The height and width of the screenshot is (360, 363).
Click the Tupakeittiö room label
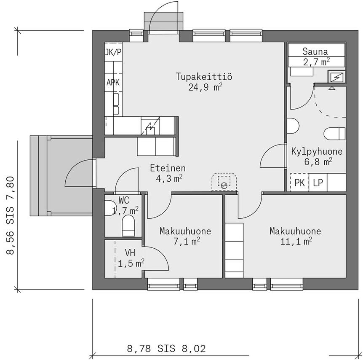(x=204, y=76)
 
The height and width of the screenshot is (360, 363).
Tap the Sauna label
(x=315, y=51)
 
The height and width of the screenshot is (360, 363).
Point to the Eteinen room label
(x=168, y=168)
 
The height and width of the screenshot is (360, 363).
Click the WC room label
(x=124, y=200)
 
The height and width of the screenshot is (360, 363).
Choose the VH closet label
(x=130, y=253)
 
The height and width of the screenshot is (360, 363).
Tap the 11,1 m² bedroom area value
(x=296, y=242)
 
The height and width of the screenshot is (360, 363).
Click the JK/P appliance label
(x=113, y=52)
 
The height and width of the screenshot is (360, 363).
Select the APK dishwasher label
(x=113, y=82)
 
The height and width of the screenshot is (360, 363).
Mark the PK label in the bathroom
(x=299, y=183)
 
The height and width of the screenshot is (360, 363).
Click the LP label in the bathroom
(x=318, y=183)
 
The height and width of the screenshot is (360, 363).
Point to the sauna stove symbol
(x=336, y=77)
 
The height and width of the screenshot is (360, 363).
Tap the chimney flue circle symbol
(x=224, y=185)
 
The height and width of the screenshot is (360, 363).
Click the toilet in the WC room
(x=128, y=226)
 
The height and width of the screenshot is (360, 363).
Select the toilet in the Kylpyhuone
(x=335, y=134)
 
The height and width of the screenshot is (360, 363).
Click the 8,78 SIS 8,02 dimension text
(x=166, y=349)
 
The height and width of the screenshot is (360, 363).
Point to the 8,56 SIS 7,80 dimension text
(x=11, y=215)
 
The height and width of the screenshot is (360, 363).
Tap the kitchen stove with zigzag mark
(x=150, y=126)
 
